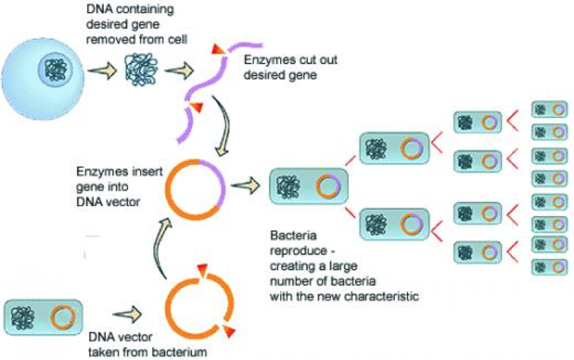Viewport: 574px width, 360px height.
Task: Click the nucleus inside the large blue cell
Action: (55, 69)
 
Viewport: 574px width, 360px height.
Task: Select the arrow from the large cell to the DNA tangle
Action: (102, 71)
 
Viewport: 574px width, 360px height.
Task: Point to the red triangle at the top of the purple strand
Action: (219, 49)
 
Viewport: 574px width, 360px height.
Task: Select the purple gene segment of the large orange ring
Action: (214, 182)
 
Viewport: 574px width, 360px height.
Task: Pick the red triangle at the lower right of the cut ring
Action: (229, 331)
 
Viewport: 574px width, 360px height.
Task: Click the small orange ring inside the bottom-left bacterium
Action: (63, 317)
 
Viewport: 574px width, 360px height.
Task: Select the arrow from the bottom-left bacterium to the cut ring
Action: (127, 314)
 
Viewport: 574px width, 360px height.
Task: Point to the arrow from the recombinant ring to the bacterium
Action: (245, 186)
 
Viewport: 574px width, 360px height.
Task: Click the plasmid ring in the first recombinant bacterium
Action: (328, 186)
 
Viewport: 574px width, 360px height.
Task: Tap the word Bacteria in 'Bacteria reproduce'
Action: (293, 235)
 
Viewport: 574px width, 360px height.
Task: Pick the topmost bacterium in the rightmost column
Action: (549, 109)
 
